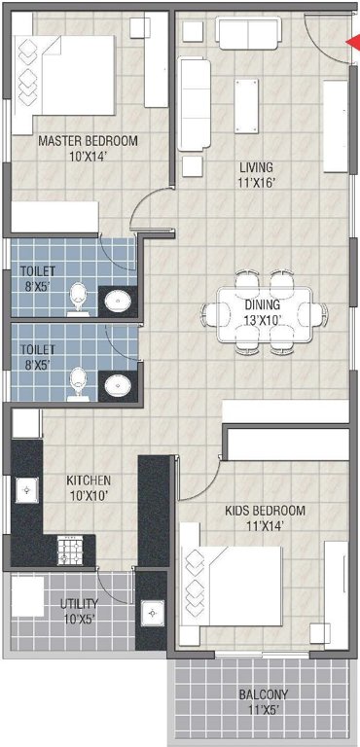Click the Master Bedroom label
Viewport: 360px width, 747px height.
tap(88, 147)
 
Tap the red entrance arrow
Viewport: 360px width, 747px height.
tap(352, 40)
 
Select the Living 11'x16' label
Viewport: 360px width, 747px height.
tap(256, 173)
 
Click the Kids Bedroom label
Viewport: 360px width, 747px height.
tap(265, 517)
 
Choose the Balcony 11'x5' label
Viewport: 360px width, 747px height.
tap(263, 701)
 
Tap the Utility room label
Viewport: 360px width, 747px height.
tap(77, 609)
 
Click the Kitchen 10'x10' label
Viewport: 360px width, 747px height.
tap(88, 487)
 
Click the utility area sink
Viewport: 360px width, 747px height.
tap(153, 614)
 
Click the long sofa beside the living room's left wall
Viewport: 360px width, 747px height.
tap(194, 103)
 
